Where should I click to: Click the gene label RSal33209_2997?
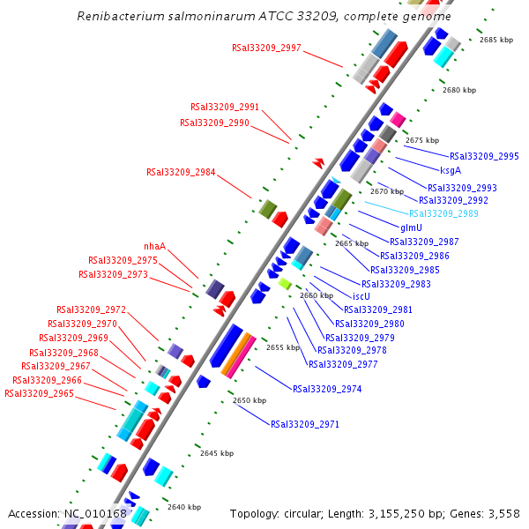point(266,48)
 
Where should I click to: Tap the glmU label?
point(411,227)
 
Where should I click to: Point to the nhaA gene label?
point(155,246)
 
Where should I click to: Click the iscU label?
point(361,296)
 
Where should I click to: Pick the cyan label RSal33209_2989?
point(443,213)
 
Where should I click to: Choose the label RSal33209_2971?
point(305,424)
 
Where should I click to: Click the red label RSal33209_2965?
point(39,393)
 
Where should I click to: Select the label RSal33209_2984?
point(181,172)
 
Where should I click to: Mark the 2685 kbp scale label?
point(495,41)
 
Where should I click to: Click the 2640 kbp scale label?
point(184,507)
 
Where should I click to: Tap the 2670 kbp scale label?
point(386,191)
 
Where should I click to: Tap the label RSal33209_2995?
point(484,156)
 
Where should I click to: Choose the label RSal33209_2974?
point(327,389)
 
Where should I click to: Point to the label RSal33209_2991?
point(225,108)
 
